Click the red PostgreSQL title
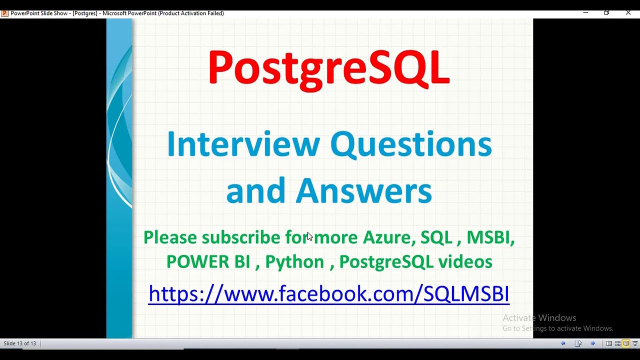click(x=329, y=69)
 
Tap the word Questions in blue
click(x=411, y=145)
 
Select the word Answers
click(x=363, y=190)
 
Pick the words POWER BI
click(x=208, y=261)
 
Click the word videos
click(x=465, y=261)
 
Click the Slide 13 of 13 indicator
click(x=19, y=343)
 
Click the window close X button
click(x=628, y=13)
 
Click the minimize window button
click(x=585, y=13)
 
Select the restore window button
click(x=606, y=13)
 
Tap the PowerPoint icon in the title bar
click(x=4, y=13)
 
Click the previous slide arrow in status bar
click(x=563, y=343)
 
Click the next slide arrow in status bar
click(x=592, y=343)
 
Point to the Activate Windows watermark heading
click(x=539, y=318)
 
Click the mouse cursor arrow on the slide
click(x=310, y=237)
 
